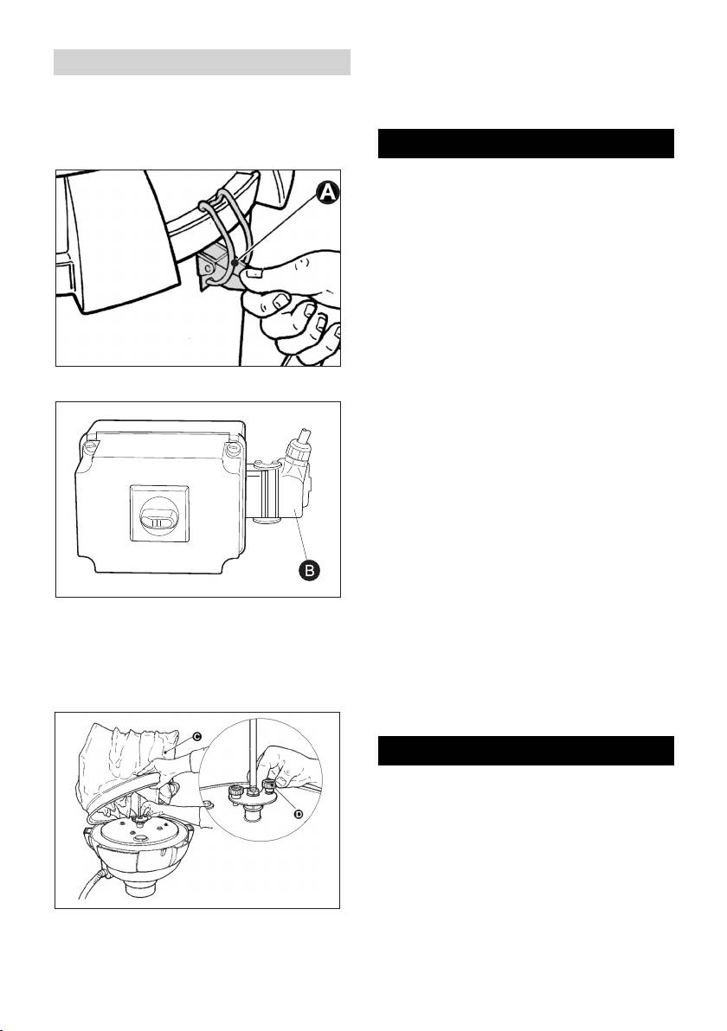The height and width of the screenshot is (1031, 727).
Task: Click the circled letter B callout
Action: [x=308, y=571]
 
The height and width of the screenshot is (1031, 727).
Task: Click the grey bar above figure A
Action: [x=202, y=62]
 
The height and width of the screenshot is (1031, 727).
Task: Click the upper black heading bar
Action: [x=526, y=144]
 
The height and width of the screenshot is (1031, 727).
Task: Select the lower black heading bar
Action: [x=526, y=751]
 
